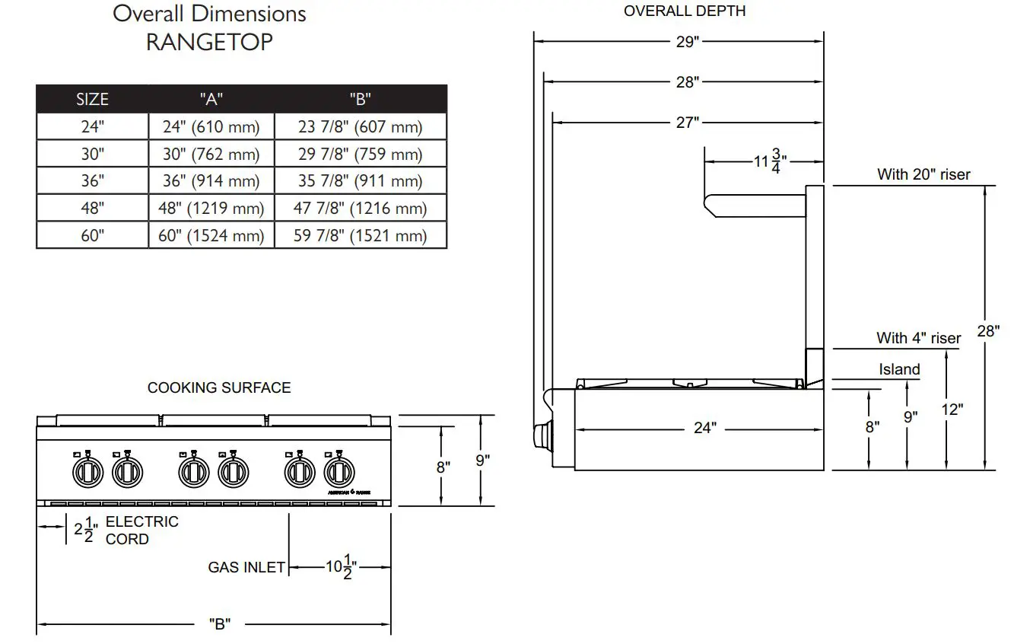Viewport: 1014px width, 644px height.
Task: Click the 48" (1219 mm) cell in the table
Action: (211, 208)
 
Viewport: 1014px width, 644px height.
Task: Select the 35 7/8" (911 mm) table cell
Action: (360, 181)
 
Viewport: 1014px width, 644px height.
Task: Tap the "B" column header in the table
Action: (360, 99)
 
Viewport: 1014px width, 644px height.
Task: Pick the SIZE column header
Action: (92, 99)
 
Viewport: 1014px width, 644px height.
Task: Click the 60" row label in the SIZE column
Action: (92, 235)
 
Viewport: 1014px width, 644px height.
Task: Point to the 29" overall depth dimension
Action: (687, 42)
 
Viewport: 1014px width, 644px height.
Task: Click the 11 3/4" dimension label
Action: (770, 161)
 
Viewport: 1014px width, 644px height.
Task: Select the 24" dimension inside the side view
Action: (704, 428)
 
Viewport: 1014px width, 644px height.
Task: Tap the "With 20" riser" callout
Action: (923, 174)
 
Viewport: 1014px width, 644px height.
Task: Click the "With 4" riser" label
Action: (918, 338)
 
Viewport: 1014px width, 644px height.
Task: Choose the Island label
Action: (899, 370)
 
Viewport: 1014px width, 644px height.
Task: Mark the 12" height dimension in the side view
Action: (951, 410)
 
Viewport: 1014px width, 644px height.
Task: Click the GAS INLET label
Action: (246, 567)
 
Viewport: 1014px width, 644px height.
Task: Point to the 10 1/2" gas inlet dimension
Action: (339, 568)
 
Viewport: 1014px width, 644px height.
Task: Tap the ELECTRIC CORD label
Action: (141, 530)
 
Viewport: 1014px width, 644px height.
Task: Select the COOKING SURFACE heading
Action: (219, 387)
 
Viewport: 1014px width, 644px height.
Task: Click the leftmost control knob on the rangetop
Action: (87, 473)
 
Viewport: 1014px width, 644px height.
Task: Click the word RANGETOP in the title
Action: (209, 42)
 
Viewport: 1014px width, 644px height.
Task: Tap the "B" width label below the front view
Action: (219, 624)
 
